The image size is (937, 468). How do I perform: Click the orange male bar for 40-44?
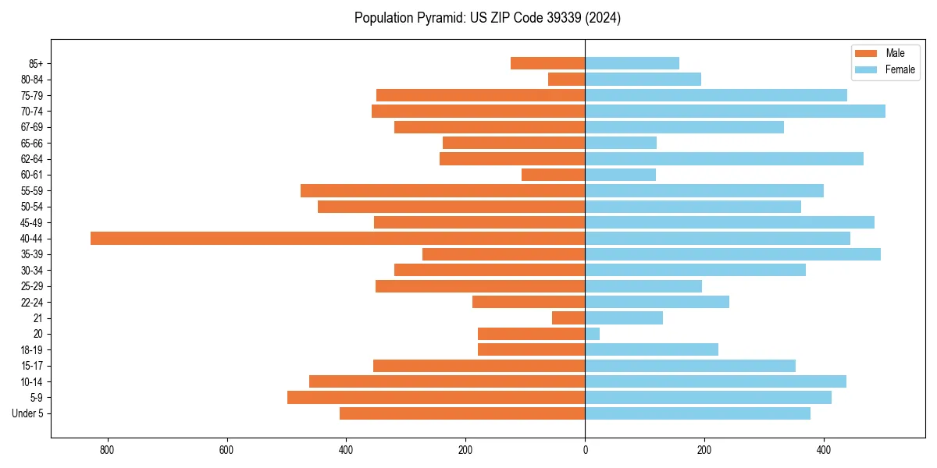[337, 238]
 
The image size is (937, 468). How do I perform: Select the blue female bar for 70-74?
[735, 111]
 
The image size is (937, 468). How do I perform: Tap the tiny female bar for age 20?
[592, 334]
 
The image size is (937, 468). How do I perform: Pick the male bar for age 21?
[568, 317]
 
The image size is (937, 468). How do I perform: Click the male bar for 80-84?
[566, 79]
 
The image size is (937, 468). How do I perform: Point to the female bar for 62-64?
[724, 158]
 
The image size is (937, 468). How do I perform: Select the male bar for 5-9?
[436, 397]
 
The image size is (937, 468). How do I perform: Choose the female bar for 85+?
[632, 63]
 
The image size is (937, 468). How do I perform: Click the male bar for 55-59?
[443, 190]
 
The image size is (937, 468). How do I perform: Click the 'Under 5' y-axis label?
[27, 413]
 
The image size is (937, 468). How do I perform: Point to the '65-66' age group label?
[32, 143]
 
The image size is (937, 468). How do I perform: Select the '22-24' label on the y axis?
[32, 302]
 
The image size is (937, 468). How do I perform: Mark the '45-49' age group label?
[32, 222]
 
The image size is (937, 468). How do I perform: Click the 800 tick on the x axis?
[107, 450]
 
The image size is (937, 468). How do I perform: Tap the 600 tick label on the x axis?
[226, 450]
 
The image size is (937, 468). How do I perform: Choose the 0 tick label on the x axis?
[585, 450]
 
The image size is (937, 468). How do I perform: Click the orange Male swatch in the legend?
[866, 53]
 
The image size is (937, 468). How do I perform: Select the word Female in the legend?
[900, 69]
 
